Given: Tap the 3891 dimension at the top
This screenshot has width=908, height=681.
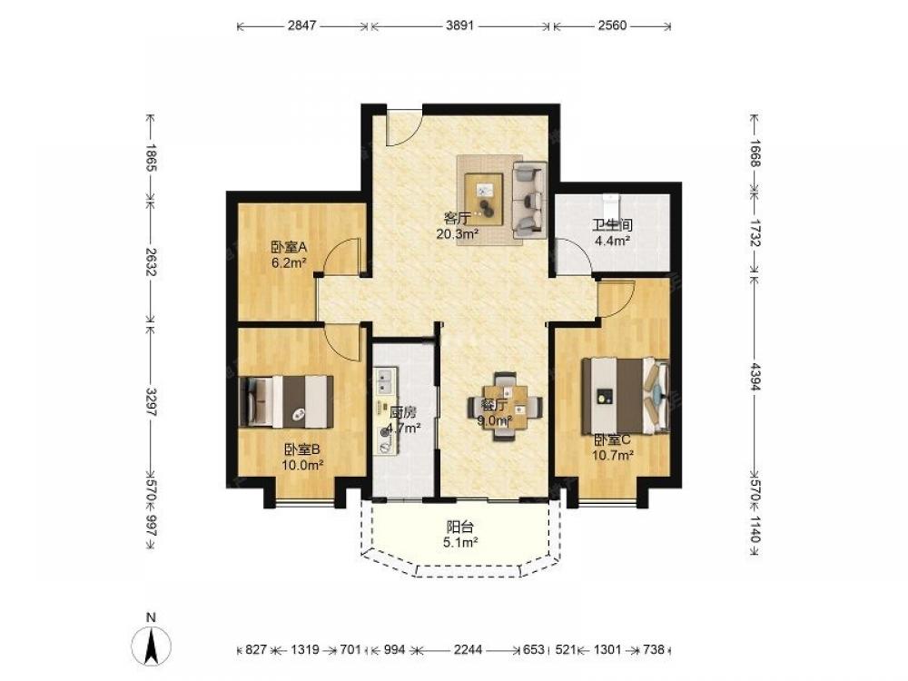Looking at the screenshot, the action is point(460,25).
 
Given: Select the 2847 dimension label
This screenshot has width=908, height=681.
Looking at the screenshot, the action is point(301,25).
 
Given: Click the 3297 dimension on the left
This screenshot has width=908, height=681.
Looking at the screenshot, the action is point(151,401).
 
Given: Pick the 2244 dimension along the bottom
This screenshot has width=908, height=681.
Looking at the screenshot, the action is point(468,650).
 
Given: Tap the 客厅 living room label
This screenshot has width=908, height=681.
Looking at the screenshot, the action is point(457,218).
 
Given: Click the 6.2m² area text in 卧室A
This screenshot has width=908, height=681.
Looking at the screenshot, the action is point(289,262).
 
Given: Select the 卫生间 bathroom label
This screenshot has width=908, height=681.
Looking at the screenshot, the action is point(611,224).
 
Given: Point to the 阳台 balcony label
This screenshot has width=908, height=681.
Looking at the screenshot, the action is point(460,527).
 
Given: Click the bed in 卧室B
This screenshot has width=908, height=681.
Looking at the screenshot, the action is point(286,401).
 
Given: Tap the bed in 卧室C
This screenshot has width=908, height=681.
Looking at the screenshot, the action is point(626,395).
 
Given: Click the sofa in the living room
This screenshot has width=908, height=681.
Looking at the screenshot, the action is point(529,200).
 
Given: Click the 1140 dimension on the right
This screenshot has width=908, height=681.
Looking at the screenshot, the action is point(754,529).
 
